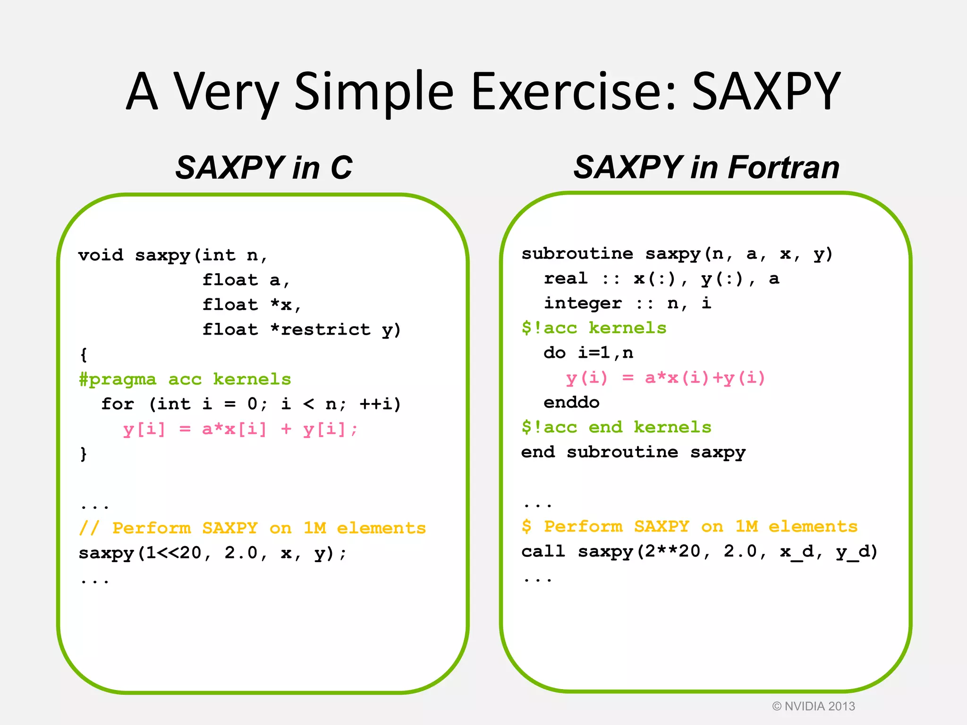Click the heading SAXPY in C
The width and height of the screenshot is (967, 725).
[x=263, y=168]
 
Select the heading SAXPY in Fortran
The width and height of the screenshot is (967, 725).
[x=706, y=168]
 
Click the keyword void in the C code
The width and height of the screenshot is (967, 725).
[x=101, y=255]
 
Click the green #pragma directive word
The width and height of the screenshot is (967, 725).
[x=117, y=379]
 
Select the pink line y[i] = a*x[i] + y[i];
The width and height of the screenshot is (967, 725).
[x=240, y=429]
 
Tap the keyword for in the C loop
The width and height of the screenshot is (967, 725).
[x=118, y=404]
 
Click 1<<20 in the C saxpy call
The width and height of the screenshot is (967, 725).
[x=174, y=553]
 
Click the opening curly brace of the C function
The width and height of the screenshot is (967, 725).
[x=84, y=354]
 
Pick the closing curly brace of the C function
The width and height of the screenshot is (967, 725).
[x=84, y=454]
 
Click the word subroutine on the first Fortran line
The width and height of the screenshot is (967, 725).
[x=577, y=254]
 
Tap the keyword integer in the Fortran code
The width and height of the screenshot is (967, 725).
[x=583, y=303]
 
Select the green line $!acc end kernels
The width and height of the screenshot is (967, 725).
[x=616, y=427]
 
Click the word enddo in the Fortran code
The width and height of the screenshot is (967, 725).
[x=571, y=403]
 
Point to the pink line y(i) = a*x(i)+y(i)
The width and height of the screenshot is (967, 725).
[x=665, y=378]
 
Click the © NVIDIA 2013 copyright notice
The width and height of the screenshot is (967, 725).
[x=813, y=706]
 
